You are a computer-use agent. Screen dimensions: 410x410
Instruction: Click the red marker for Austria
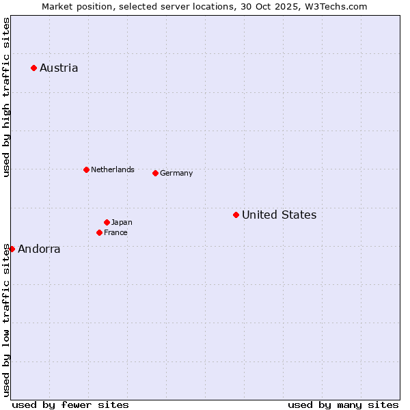[x=33, y=68]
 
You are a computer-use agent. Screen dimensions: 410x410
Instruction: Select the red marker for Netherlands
[x=86, y=169]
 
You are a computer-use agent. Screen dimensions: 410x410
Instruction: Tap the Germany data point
[x=155, y=173]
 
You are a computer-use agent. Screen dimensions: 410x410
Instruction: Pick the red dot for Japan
[x=107, y=222]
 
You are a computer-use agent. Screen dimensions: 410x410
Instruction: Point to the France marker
[x=99, y=232]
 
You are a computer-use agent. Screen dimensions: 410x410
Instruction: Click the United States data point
[x=236, y=215]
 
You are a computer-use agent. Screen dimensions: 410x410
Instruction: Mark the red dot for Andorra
[x=12, y=249]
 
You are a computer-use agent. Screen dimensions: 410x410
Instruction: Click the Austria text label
[x=59, y=68]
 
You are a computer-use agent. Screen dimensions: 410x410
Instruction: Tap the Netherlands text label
[x=113, y=169]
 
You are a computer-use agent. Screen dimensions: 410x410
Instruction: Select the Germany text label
[x=176, y=173]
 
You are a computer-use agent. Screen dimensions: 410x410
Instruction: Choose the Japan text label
[x=122, y=222]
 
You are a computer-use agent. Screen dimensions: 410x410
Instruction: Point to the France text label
[x=115, y=232]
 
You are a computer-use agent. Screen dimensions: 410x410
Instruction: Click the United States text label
[x=279, y=215]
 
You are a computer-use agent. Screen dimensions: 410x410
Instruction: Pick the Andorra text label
[x=39, y=249]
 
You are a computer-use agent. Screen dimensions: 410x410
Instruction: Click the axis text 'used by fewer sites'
[x=70, y=405]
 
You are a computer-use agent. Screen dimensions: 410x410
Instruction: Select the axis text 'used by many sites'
[x=343, y=405]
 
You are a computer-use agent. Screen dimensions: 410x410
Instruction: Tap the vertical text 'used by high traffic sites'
[x=6, y=97]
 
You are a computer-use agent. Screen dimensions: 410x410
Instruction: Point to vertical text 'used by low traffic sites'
[x=6, y=319]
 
